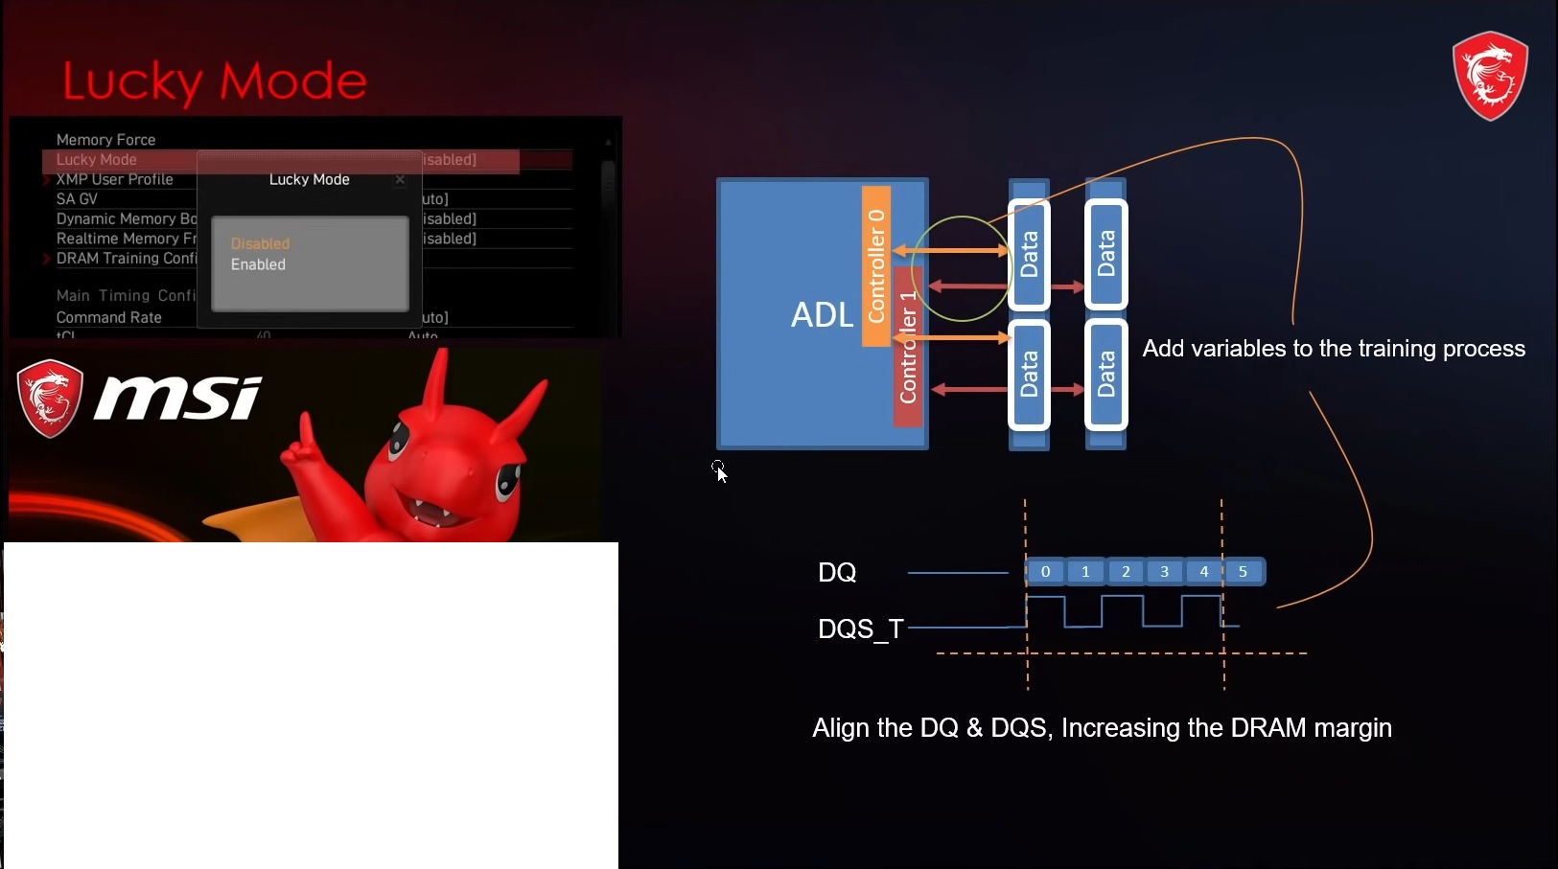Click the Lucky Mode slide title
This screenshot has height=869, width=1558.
click(215, 81)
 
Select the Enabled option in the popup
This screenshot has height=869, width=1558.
click(258, 264)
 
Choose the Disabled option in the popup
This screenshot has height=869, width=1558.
click(260, 243)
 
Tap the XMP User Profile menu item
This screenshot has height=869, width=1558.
click(114, 179)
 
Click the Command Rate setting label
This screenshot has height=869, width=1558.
click(108, 317)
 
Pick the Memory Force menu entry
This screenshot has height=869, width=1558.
click(105, 140)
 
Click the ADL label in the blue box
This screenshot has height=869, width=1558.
click(822, 314)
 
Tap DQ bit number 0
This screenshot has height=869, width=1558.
click(1045, 572)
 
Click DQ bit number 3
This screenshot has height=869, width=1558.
click(1165, 572)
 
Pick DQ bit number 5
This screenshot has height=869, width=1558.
click(1244, 572)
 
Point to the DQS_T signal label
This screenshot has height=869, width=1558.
click(860, 629)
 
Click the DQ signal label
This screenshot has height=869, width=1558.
click(837, 573)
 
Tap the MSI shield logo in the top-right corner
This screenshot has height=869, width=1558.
click(1490, 76)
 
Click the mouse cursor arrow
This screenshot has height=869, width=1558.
click(721, 473)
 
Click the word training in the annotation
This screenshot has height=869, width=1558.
click(1395, 349)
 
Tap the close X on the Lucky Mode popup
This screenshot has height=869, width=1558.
click(400, 179)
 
